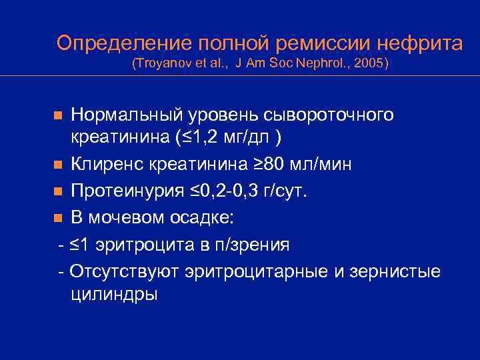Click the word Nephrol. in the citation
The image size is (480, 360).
click(x=317, y=64)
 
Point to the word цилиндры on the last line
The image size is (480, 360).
click(x=114, y=295)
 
